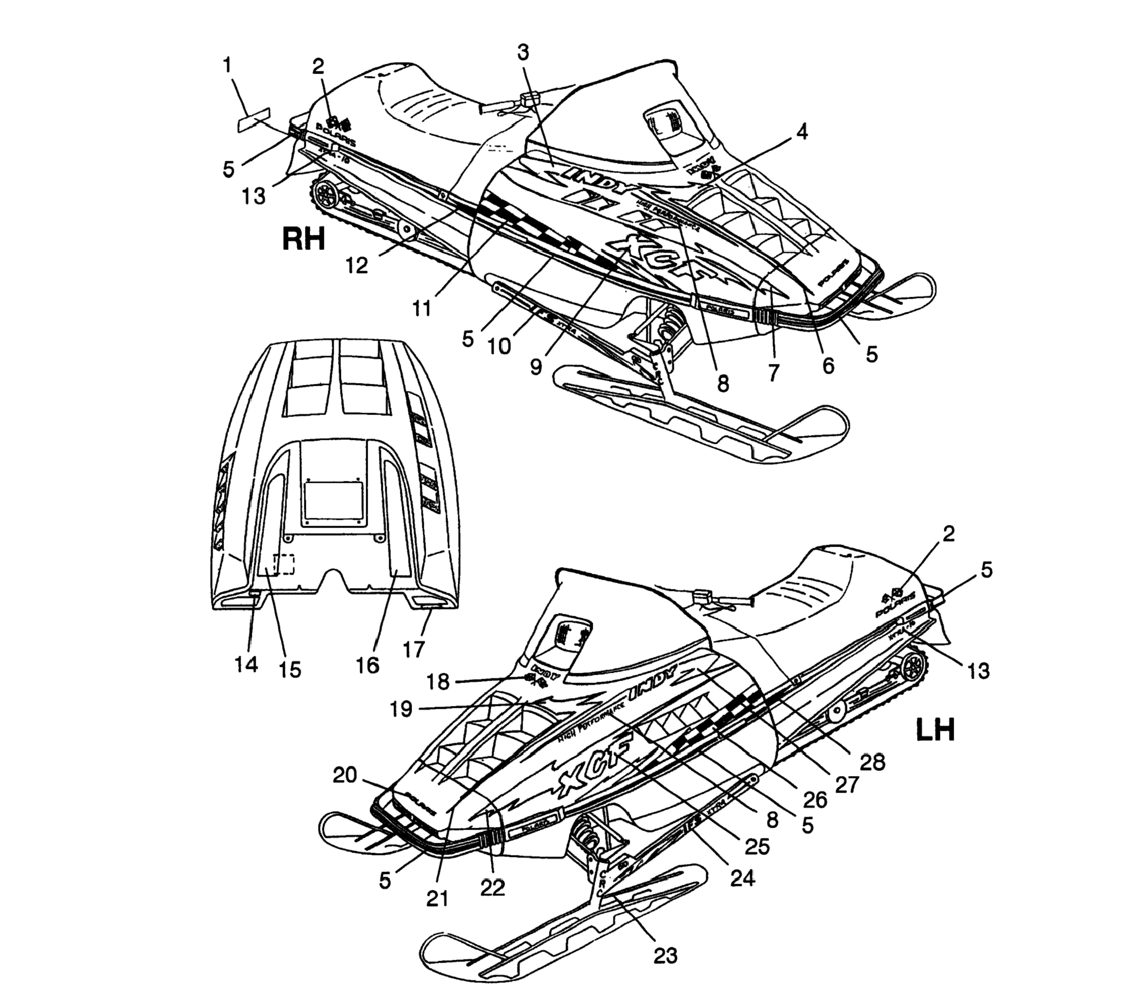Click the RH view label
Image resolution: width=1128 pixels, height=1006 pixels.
303,240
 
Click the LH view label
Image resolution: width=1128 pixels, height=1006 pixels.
936,730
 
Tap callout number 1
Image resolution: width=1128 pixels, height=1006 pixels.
226,65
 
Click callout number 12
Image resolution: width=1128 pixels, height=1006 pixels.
357,266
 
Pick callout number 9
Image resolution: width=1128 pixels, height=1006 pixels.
536,367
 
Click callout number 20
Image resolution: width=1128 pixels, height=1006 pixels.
345,776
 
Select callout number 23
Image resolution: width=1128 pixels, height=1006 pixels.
665,955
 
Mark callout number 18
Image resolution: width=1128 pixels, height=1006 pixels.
438,682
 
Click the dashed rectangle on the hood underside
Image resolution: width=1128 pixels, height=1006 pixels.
284,564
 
